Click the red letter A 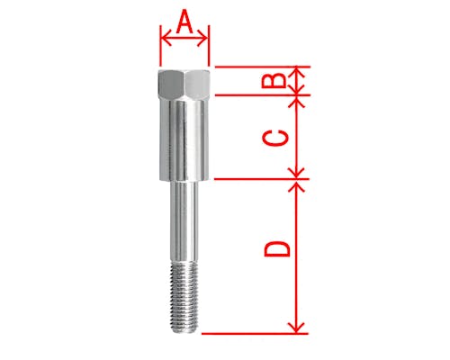point(184,22)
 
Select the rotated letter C point(275,138)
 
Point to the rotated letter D point(277,248)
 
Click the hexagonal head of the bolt point(184,85)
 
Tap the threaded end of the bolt point(184,296)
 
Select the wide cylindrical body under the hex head point(184,140)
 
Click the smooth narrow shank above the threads point(184,221)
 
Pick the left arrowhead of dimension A point(166,38)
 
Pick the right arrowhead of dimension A point(202,38)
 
